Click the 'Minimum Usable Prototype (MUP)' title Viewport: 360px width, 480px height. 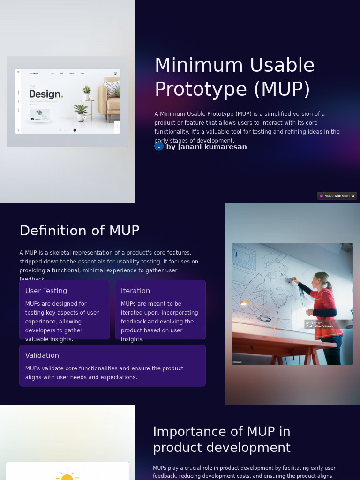click(234, 77)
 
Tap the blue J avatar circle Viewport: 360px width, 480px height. click(159, 146)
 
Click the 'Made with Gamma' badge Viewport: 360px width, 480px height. click(337, 196)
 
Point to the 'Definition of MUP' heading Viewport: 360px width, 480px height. click(80, 231)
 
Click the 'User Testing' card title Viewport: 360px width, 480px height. click(46, 291)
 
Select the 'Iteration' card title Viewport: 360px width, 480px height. click(135, 291)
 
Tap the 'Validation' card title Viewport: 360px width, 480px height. click(42, 355)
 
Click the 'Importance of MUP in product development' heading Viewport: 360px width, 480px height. click(222, 439)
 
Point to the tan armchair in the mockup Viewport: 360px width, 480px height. click(109, 101)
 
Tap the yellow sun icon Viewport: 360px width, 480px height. click(67, 475)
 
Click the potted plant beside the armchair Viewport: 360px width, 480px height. click(82, 112)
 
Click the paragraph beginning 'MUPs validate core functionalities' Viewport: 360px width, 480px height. click(104, 373)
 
